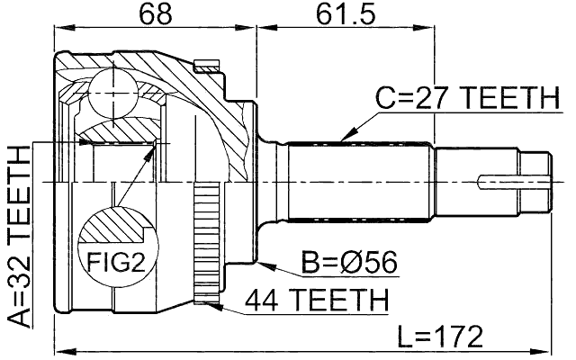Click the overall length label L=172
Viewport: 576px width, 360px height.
click(x=442, y=336)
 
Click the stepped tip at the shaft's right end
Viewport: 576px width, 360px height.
click(x=535, y=179)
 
